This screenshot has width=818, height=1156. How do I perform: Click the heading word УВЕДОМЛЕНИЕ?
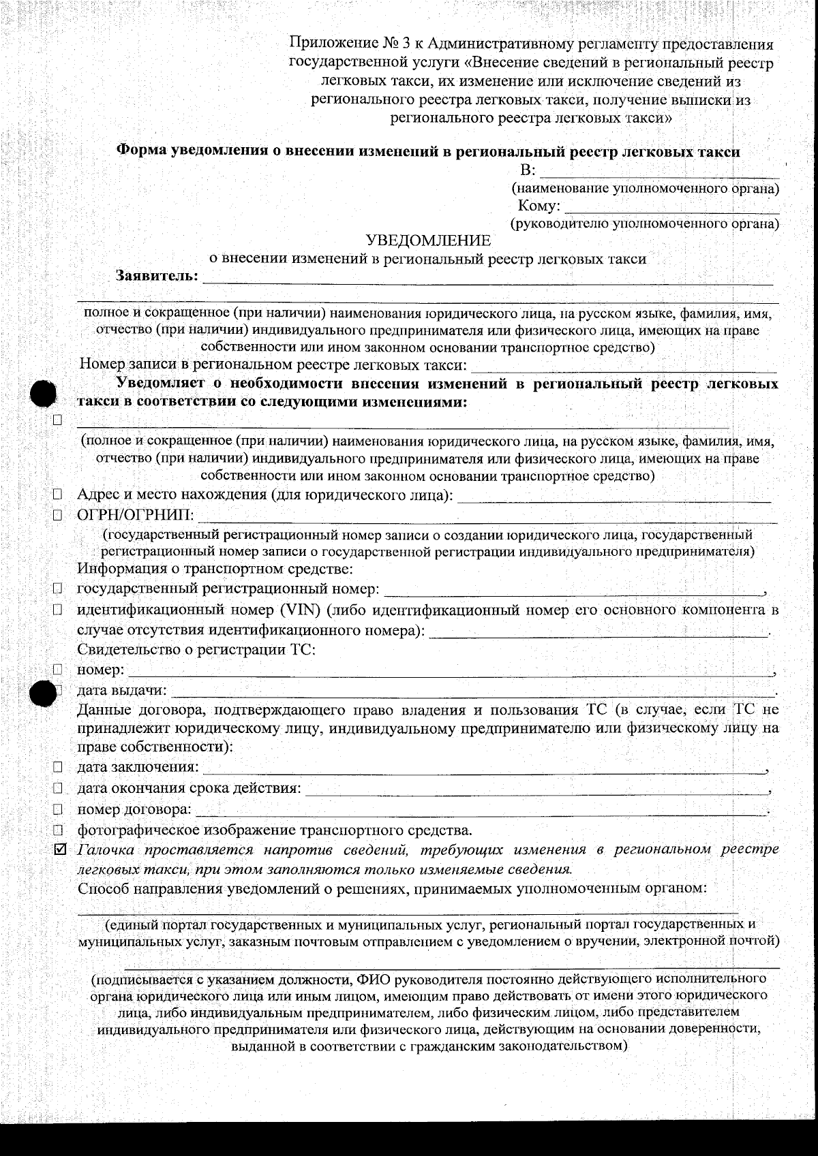click(428, 240)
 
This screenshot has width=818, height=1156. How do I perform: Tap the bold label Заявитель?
click(157, 276)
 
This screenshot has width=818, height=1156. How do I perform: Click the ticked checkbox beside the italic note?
click(59, 850)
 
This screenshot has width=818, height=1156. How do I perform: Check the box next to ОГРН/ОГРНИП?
click(58, 515)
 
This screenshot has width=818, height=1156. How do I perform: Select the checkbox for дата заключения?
click(58, 767)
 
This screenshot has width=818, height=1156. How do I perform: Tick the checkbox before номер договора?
click(58, 810)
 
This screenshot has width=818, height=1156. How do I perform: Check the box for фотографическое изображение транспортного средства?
click(58, 830)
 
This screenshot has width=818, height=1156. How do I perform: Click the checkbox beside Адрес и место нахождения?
click(58, 494)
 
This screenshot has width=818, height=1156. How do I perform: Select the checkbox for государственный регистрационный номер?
click(58, 588)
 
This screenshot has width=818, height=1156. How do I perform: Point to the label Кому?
click(539, 206)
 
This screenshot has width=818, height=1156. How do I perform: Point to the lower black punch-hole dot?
click(44, 693)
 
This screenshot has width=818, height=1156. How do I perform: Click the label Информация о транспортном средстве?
click(215, 568)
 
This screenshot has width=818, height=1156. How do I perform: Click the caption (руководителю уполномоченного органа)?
click(644, 223)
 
